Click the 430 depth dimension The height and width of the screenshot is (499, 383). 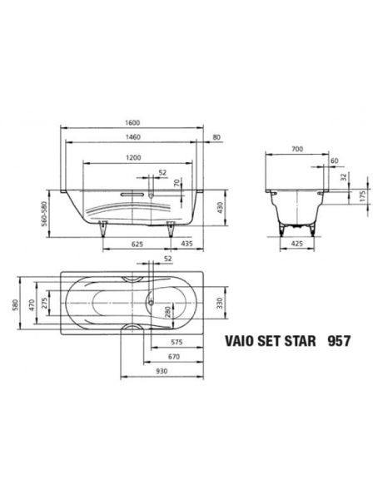(221, 208)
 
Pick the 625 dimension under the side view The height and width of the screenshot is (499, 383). (140, 245)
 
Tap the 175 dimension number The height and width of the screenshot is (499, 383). (362, 198)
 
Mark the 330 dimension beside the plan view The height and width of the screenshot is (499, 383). (221, 304)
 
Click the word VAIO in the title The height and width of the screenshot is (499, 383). (241, 341)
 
